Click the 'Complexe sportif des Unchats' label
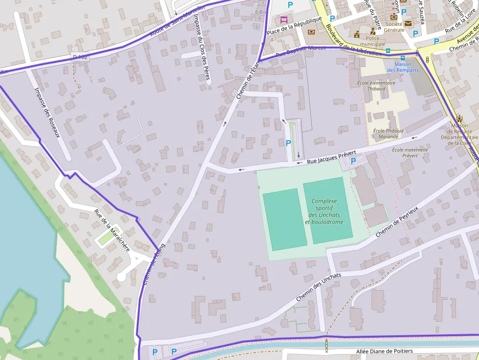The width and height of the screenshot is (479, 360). pyautogui.click(x=324, y=212)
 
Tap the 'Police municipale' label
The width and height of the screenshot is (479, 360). pyautogui.click(x=372, y=41)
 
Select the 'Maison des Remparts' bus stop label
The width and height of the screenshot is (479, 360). pyautogui.click(x=403, y=67)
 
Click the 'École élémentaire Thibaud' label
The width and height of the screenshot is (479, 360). pyautogui.click(x=376, y=86)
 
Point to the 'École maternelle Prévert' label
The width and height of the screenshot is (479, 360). pyautogui.click(x=410, y=152)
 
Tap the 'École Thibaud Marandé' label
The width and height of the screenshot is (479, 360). pyautogui.click(x=388, y=134)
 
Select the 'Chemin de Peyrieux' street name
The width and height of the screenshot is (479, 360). pyautogui.click(x=397, y=222)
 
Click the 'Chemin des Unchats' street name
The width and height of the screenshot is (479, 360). pyautogui.click(x=319, y=287)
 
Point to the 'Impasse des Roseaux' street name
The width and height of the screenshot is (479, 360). pyautogui.click(x=47, y=112)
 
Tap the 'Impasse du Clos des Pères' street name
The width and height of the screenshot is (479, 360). pyautogui.click(x=201, y=46)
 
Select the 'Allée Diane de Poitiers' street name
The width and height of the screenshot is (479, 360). pyautogui.click(x=384, y=351)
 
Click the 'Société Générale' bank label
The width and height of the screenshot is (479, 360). pyautogui.click(x=394, y=27)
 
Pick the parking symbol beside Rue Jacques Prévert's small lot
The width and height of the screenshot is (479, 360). pyautogui.click(x=353, y=160)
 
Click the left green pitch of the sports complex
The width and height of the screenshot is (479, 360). pyautogui.click(x=284, y=219)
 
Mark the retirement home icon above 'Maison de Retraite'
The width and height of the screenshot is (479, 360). pyautogui.click(x=459, y=119)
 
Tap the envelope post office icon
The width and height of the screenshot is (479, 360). pyautogui.click(x=408, y=23)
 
